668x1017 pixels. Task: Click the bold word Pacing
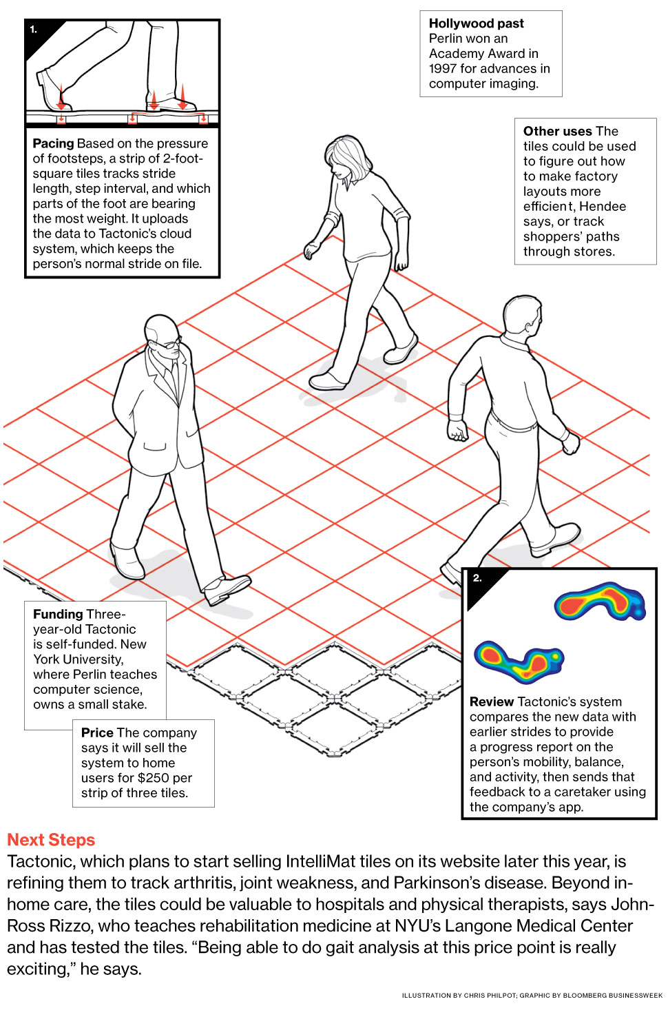point(53,144)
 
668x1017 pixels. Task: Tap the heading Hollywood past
point(476,23)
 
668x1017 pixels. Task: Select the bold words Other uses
point(557,131)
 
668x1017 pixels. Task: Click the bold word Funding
point(58,615)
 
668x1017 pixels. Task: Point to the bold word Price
point(97,733)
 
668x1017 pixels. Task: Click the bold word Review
point(492,702)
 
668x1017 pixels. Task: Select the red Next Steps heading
point(51,840)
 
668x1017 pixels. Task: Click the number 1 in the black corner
point(33,30)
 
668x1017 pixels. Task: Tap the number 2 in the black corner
point(477,578)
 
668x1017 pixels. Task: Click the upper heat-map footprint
point(599,602)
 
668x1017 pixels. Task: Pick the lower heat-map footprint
point(519,661)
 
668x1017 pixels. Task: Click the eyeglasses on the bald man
point(170,344)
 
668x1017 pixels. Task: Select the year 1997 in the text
point(442,69)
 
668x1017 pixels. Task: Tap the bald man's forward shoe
point(227,589)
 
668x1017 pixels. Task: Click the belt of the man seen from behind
point(513,422)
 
